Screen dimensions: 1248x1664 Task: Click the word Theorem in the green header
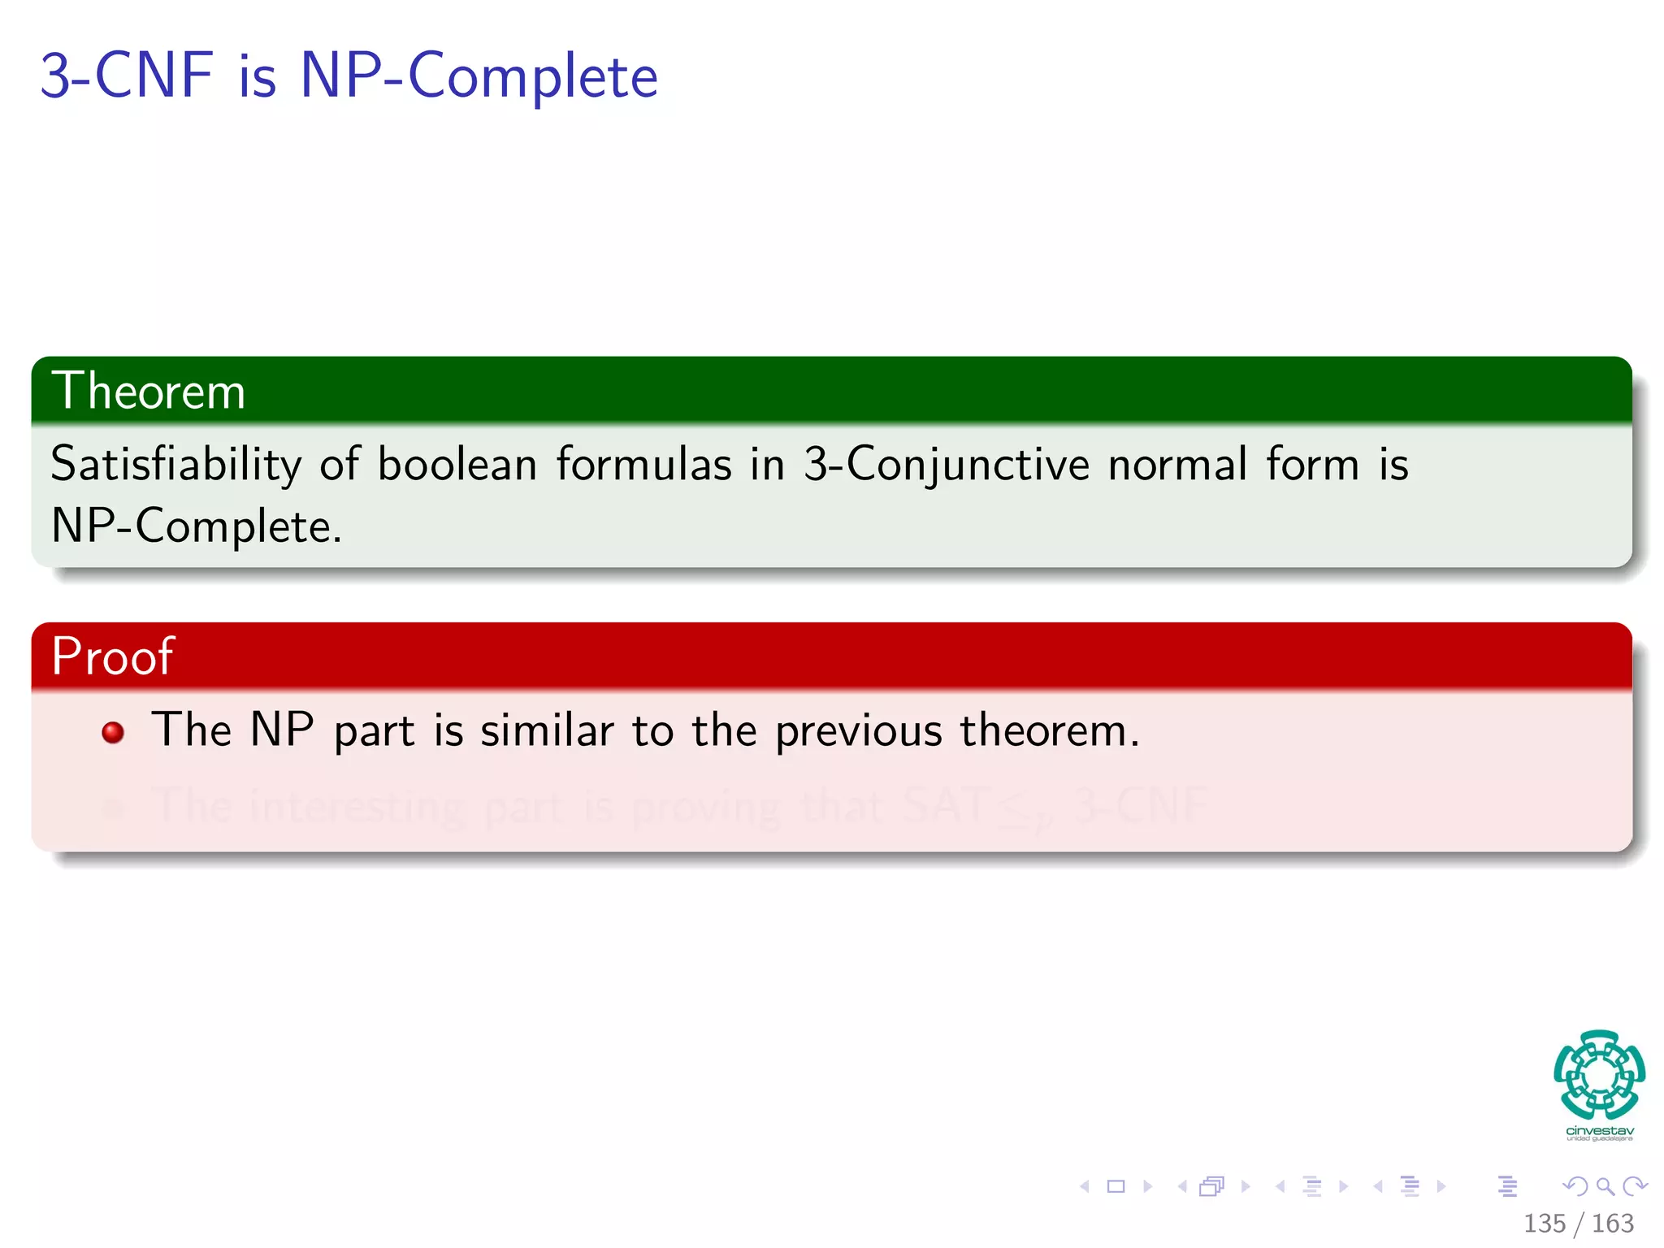pos(148,391)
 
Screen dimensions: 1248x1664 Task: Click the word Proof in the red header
pos(112,656)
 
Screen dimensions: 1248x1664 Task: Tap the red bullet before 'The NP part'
pos(113,732)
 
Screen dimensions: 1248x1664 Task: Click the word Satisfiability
pos(175,466)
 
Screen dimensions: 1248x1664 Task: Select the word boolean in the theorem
pos(457,466)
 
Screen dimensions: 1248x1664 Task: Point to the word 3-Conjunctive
pos(946,466)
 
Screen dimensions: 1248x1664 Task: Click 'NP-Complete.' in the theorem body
pos(196,526)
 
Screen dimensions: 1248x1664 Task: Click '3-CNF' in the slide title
pos(127,76)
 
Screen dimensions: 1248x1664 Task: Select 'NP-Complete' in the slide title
pos(479,76)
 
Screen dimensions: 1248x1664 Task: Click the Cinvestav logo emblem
pos(1599,1075)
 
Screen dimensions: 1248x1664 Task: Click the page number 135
pos(1544,1223)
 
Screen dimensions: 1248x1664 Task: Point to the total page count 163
pos(1612,1223)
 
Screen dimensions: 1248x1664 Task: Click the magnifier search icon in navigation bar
pos(1605,1186)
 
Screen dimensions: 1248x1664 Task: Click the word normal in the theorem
pos(1177,466)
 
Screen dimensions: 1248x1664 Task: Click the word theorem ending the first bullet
pos(1049,730)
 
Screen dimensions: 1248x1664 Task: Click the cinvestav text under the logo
pos(1599,1131)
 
